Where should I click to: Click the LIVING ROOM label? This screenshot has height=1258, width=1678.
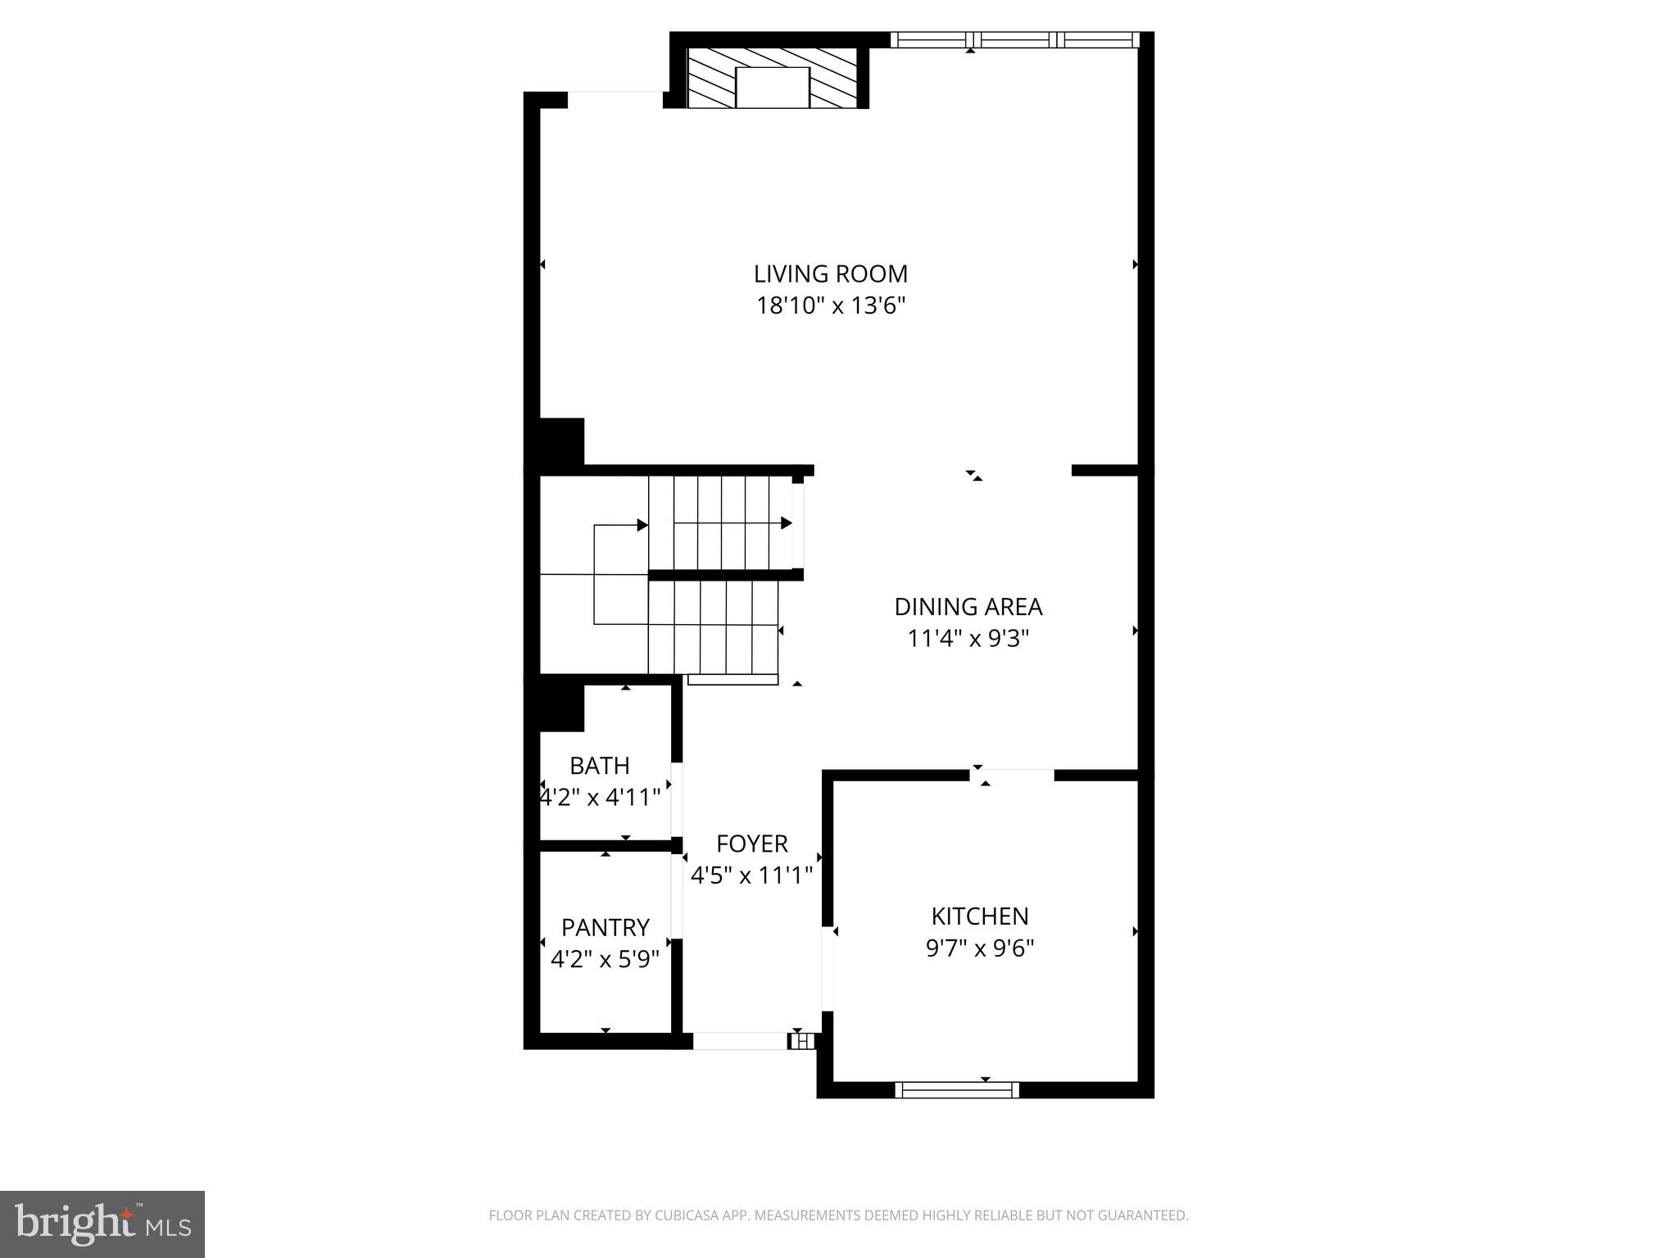(830, 274)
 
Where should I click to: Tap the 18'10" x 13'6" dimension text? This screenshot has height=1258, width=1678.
(830, 306)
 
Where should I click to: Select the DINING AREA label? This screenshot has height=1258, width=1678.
(968, 607)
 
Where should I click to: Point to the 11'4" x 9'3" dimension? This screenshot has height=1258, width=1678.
(968, 639)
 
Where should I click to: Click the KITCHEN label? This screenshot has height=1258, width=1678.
(979, 916)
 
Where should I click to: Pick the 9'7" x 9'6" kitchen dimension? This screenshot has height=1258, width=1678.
(979, 948)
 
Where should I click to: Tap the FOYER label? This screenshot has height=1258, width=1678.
(751, 844)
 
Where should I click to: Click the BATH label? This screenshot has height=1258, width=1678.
(600, 766)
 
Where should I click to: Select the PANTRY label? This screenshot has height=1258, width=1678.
(605, 927)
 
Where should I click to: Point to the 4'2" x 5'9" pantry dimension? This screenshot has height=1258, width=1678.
(605, 959)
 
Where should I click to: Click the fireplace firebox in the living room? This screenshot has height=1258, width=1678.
(772, 88)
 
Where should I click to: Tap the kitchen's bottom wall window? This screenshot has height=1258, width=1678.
(957, 1089)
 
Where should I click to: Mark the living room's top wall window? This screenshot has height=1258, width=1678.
(1014, 39)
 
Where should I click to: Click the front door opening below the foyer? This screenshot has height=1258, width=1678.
(740, 1041)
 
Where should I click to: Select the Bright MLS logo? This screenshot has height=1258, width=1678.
(102, 1224)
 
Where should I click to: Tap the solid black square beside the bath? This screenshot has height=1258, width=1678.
(561, 708)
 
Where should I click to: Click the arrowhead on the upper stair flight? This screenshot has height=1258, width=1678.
(787, 523)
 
